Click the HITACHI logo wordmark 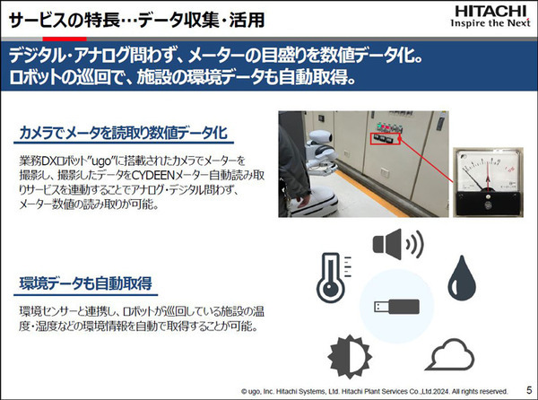(490, 11)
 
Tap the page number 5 (529, 390)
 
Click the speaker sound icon (398, 244)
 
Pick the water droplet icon (462, 277)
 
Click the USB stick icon (396, 307)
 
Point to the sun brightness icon (350, 356)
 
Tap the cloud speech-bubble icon (450, 355)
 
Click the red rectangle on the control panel (386, 138)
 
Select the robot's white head (320, 138)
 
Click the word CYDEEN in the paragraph (153, 175)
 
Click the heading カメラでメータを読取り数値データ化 (124, 133)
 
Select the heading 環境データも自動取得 (85, 283)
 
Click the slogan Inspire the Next (490, 23)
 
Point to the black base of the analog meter (488, 204)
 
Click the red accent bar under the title (65, 39)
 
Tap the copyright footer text (374, 391)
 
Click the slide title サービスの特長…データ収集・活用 (136, 20)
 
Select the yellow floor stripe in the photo (371, 194)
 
